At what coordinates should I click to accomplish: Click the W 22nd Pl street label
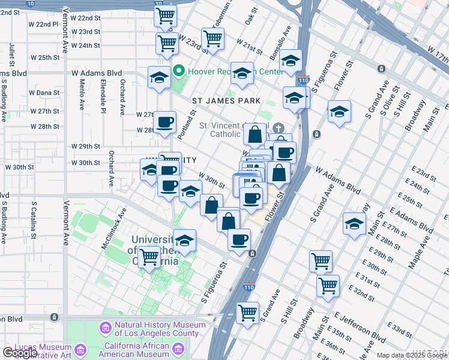tap(47, 25)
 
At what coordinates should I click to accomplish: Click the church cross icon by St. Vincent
tap(278, 128)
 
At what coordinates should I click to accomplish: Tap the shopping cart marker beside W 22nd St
tap(165, 16)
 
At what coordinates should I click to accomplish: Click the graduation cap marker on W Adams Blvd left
tap(160, 78)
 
